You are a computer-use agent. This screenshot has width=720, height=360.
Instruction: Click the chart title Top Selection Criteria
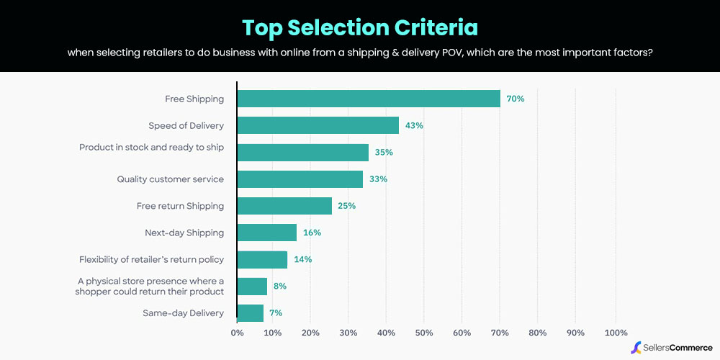tap(359, 27)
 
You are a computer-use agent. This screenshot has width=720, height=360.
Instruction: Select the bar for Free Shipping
tap(369, 99)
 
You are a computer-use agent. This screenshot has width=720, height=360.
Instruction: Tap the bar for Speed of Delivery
tap(318, 125)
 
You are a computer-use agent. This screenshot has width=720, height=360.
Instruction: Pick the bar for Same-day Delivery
tap(251, 313)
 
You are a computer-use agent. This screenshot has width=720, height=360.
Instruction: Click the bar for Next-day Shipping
tap(267, 233)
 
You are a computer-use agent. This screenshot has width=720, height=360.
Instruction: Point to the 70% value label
tap(515, 99)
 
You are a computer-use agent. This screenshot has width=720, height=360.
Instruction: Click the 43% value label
tap(414, 125)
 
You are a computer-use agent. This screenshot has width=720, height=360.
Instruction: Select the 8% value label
tap(279, 286)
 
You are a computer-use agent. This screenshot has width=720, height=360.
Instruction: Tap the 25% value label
tap(346, 206)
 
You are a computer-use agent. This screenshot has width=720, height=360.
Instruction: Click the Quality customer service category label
tap(171, 179)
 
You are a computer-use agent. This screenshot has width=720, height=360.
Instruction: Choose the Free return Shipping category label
tap(180, 206)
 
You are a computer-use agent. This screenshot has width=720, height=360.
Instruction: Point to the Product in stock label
tap(151, 148)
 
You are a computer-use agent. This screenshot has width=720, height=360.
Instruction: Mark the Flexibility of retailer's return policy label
tap(151, 259)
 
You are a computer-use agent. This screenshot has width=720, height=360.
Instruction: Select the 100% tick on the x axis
tap(616, 333)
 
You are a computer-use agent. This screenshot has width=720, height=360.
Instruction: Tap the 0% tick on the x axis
tap(237, 333)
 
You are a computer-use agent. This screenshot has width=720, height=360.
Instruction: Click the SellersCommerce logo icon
tap(636, 348)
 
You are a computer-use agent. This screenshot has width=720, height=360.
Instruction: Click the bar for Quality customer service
tap(300, 179)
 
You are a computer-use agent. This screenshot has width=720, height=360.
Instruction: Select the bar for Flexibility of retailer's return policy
tap(262, 259)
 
